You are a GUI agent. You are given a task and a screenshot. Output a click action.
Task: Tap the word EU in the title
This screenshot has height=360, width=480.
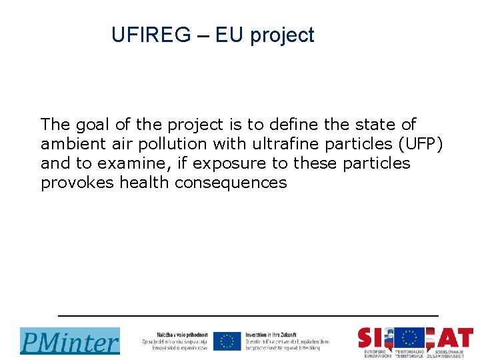229,35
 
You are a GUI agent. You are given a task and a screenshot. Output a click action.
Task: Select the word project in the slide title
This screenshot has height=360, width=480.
282,36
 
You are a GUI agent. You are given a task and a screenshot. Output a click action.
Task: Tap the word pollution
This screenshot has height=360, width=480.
167,144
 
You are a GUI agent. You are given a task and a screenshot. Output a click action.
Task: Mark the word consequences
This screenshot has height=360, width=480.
231,183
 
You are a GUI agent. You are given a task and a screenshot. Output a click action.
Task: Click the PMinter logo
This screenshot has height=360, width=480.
70,341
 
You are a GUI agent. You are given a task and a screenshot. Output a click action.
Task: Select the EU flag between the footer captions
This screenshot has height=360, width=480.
227,341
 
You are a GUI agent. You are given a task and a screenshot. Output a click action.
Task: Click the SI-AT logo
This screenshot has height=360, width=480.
415,340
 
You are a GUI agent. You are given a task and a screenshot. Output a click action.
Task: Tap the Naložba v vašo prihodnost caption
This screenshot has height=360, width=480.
175,341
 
